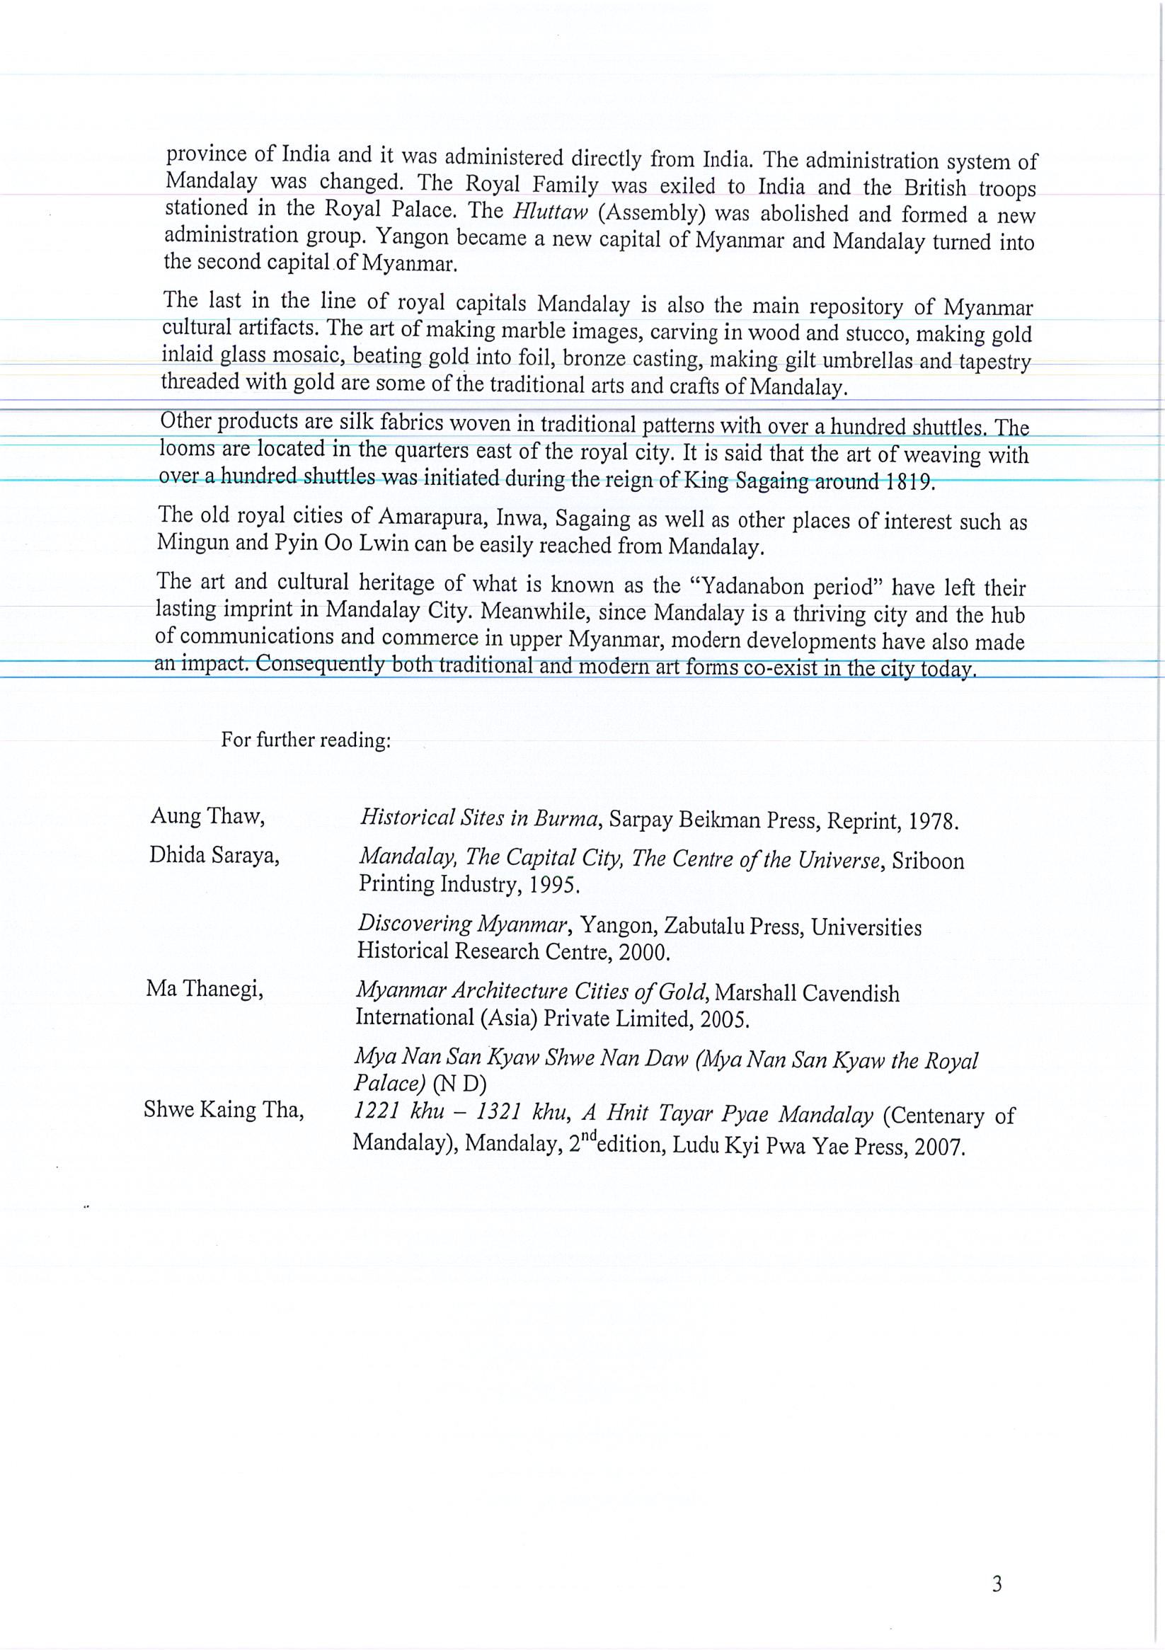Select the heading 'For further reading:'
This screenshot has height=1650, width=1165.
[x=306, y=740]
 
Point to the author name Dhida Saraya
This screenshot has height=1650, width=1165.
[x=214, y=855]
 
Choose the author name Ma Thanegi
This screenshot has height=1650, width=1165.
[x=205, y=990]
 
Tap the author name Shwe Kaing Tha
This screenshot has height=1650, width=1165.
[x=224, y=1111]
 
